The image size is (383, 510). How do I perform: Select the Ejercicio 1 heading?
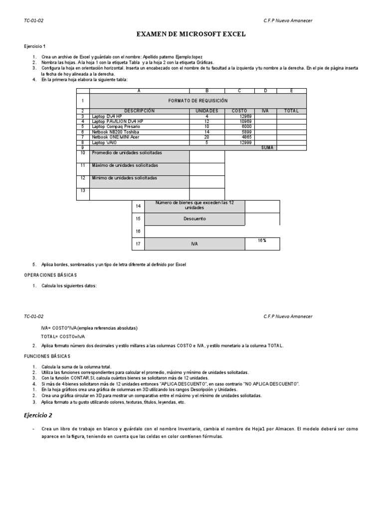pyautogui.click(x=34, y=46)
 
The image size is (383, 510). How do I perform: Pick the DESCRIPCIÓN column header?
pyautogui.click(x=139, y=111)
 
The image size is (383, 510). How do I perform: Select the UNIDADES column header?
pyautogui.click(x=207, y=111)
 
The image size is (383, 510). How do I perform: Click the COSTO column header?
pyautogui.click(x=239, y=111)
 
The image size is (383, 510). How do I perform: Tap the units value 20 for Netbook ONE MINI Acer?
pyautogui.click(x=206, y=137)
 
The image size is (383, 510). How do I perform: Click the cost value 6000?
pyautogui.click(x=246, y=127)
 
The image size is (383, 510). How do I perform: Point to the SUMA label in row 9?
pyautogui.click(x=267, y=147)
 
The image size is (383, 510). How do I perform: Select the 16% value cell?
pyautogui.click(x=262, y=241)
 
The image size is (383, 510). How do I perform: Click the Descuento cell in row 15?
pyautogui.click(x=194, y=219)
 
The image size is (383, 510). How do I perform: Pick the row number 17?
pyautogui.click(x=138, y=244)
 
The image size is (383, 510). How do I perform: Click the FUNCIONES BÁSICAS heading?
pyautogui.click(x=47, y=356)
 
